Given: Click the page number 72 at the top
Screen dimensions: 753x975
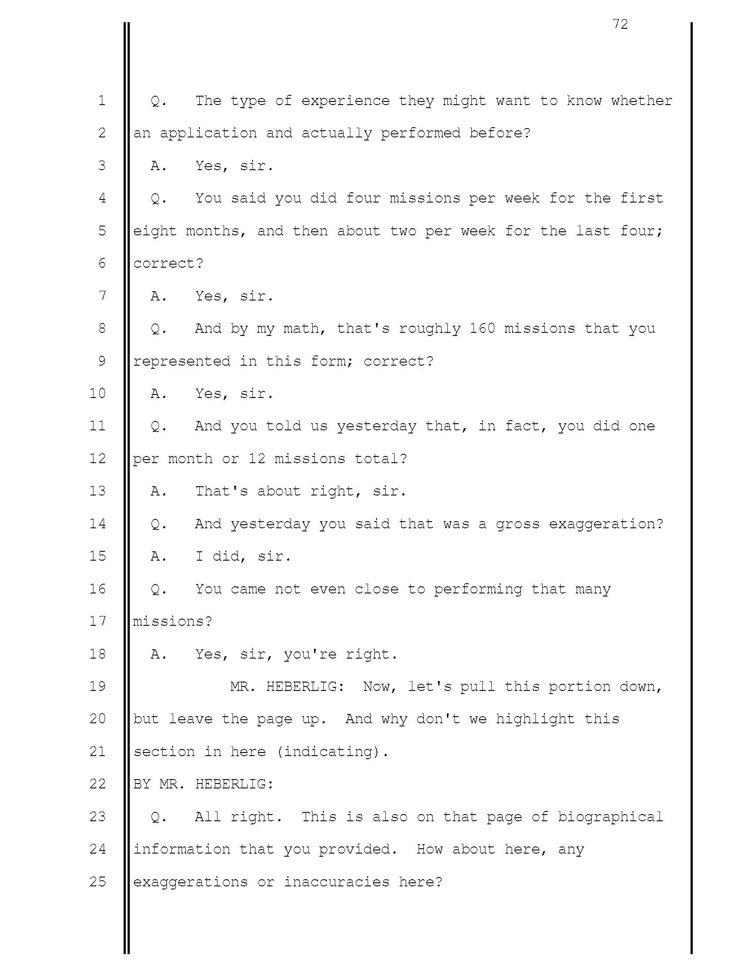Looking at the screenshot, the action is tap(620, 24).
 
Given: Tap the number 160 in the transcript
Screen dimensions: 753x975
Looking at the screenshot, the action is tap(482, 328).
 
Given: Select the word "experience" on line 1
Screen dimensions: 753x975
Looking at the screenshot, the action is tap(345, 101).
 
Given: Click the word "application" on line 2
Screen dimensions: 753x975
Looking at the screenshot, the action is tap(208, 133).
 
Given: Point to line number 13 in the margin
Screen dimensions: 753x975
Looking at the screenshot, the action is tap(98, 491).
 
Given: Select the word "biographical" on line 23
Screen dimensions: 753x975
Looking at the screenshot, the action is tap(610, 817).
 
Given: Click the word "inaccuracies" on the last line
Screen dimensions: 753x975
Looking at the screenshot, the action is tap(336, 882).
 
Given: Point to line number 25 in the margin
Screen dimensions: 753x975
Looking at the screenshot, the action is tap(98, 881).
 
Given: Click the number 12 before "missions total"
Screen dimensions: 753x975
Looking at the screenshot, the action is tap(256, 459).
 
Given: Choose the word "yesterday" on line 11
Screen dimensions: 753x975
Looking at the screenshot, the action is tap(376, 426).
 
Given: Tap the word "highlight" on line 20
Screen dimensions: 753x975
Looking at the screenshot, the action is tap(535, 719).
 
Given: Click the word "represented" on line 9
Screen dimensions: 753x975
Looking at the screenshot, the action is tap(182, 361).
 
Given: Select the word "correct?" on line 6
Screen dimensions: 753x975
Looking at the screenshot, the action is tap(168, 263).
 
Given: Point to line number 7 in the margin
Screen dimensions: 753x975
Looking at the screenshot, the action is tap(102, 296).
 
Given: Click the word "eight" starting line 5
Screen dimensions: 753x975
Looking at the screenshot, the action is tap(155, 231).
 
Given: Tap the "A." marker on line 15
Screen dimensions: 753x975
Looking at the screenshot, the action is tap(159, 556).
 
